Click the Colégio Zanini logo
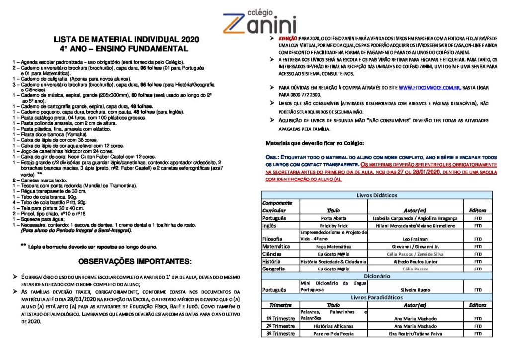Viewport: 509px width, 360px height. [259, 20]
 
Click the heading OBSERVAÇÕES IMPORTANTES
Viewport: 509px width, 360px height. [135, 262]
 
